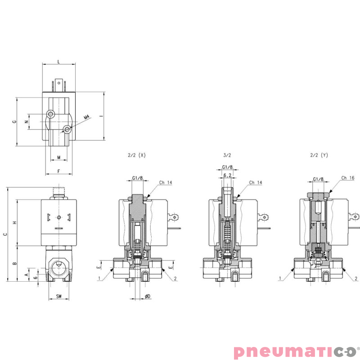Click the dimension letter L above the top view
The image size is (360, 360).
pyautogui.click(x=58, y=61)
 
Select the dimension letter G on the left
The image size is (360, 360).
pyautogui.click(x=14, y=121)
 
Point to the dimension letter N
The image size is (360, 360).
pyautogui.click(x=26, y=121)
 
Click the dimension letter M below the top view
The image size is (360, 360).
pyautogui.click(x=59, y=157)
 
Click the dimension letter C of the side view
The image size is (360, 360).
pyautogui.click(x=5, y=234)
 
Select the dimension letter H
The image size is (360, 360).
pyautogui.click(x=14, y=223)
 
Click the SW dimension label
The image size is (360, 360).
pyautogui.click(x=59, y=296)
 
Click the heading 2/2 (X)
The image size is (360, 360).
pyautogui.click(x=137, y=155)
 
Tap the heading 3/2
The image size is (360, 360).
pyautogui.click(x=227, y=155)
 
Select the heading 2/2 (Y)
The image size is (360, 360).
pyautogui.click(x=319, y=155)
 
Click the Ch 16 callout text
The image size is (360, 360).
pyautogui.click(x=348, y=178)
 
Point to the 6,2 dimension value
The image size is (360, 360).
pyautogui.click(x=227, y=175)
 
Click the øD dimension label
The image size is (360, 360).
pyautogui.click(x=148, y=296)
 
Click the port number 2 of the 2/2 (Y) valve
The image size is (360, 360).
pyautogui.click(x=355, y=279)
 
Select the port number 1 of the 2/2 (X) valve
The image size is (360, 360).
pyautogui.click(x=99, y=279)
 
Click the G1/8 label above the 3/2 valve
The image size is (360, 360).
pyautogui.click(x=227, y=167)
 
